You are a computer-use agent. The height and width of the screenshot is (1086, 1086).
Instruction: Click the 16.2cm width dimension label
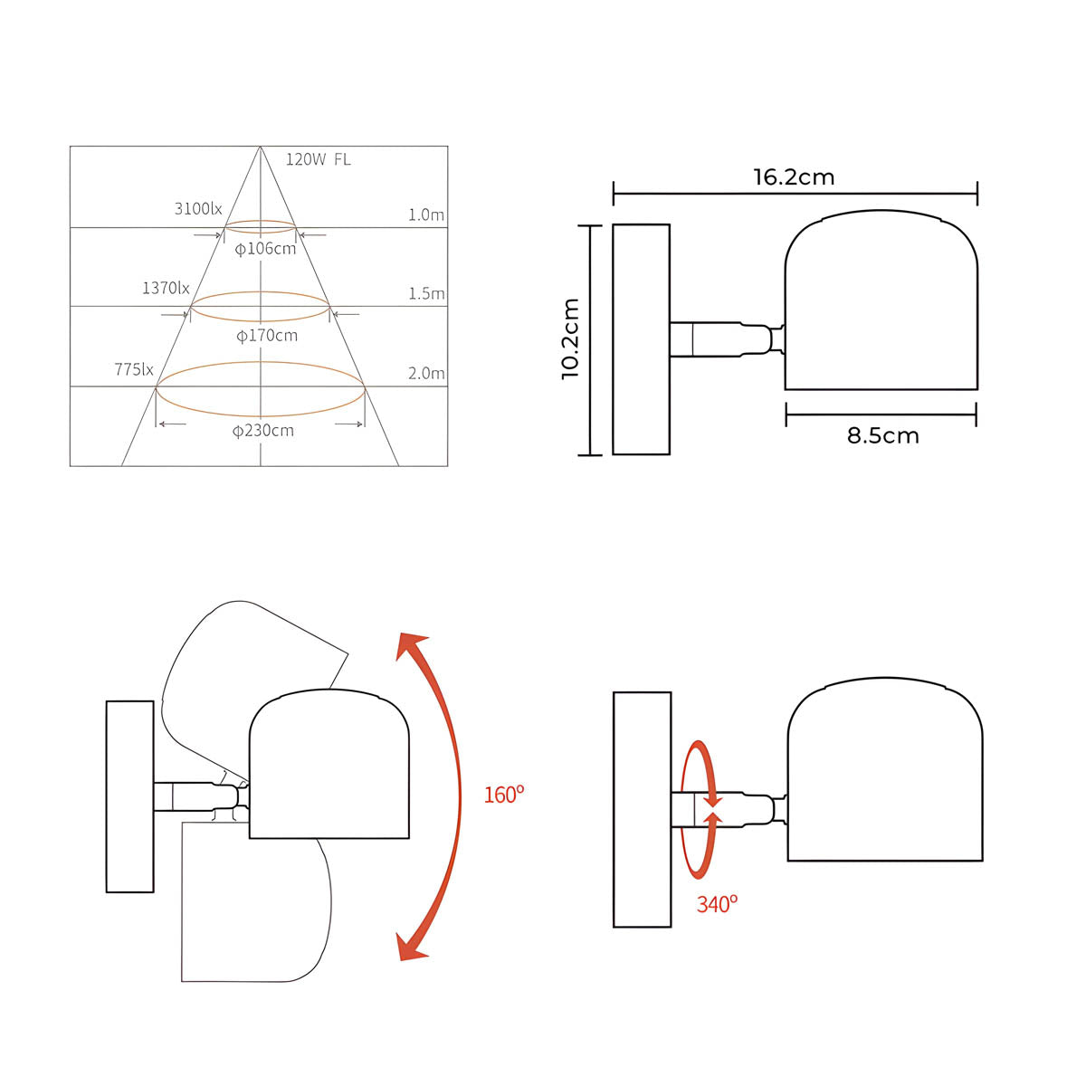(794, 176)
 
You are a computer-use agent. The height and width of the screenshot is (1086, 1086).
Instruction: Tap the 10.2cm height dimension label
(570, 338)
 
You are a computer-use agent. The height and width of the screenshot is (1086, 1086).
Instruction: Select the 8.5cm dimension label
(882, 435)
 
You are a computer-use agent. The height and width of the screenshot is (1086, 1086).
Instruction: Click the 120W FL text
(318, 160)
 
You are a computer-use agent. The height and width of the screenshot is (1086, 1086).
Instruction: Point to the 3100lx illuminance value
(198, 209)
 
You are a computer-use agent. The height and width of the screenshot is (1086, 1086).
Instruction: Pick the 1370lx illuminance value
(166, 288)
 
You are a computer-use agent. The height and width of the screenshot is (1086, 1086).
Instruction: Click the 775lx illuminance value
(134, 369)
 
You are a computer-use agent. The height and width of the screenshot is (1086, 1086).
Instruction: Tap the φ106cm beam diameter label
(265, 248)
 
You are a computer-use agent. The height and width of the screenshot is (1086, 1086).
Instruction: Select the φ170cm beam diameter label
(266, 336)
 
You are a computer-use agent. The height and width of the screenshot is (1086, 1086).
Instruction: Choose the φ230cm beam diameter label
(262, 431)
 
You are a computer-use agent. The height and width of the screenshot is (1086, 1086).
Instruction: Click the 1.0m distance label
(426, 215)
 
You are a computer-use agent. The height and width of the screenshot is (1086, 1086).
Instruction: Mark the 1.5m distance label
(426, 294)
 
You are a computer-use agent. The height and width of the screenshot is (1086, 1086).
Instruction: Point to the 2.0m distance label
(426, 374)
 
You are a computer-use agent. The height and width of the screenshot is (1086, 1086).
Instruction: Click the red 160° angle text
(504, 795)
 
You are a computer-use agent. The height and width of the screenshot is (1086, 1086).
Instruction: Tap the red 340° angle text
(717, 904)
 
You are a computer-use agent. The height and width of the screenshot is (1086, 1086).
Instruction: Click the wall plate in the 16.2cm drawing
(641, 339)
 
